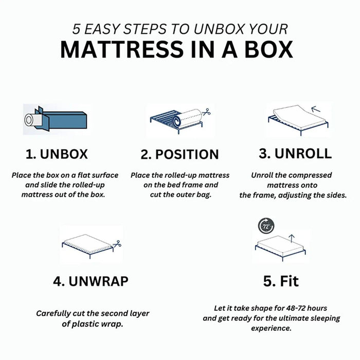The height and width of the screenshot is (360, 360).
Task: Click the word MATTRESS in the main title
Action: coord(122,49)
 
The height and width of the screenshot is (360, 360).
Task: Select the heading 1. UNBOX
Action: coord(57,154)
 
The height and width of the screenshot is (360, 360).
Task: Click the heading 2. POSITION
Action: coord(179,154)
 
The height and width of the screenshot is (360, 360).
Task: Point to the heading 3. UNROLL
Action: coord(295,153)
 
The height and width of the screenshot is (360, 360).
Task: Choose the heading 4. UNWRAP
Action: coord(91,281)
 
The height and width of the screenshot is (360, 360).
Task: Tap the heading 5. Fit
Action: coord(281,281)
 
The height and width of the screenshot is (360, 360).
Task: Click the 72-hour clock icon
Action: coord(266,226)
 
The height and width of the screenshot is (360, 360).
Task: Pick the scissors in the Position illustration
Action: coord(206,112)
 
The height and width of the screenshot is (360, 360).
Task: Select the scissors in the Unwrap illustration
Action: coord(117,244)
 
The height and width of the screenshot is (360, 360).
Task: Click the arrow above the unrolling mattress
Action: coord(316,109)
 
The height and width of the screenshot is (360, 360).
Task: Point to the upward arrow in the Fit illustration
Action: coord(292,239)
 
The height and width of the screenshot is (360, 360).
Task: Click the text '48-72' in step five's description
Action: coord(295,308)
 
